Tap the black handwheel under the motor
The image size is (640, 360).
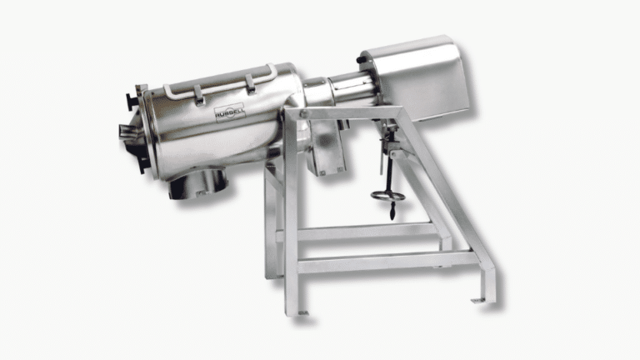pyautogui.click(x=388, y=197)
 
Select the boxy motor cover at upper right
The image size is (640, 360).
pyautogui.click(x=414, y=77)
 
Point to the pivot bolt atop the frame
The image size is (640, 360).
pyautogui.click(x=302, y=114)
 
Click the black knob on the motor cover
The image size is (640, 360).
pyautogui.click(x=360, y=60)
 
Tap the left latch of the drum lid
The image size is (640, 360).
pyautogui.click(x=199, y=96)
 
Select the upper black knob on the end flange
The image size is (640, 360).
pyautogui.click(x=131, y=101)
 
